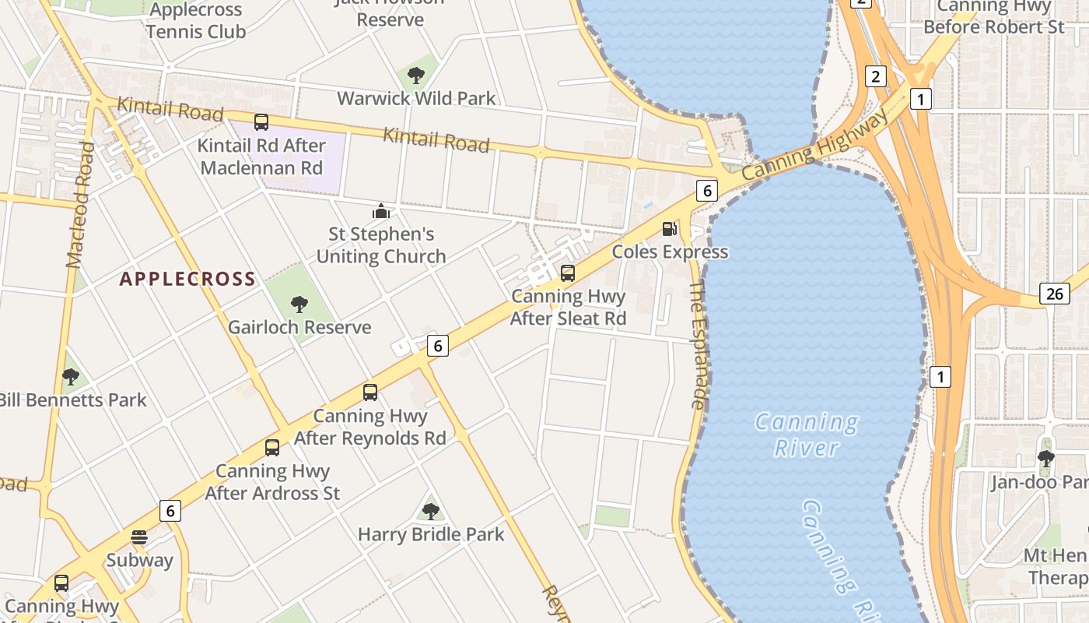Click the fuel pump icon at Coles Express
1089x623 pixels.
[x=669, y=229]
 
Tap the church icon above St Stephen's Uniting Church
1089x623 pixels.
[x=380, y=211]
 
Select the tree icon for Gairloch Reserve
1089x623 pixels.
[x=299, y=304]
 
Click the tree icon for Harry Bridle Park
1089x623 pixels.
[x=430, y=512]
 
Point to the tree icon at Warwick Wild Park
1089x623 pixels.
[x=416, y=76]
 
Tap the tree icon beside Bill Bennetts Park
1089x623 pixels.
[x=71, y=377]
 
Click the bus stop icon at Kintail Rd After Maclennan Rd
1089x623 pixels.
[x=261, y=122]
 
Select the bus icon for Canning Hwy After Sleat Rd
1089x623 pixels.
[x=568, y=273]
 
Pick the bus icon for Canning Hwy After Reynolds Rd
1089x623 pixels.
[x=370, y=392]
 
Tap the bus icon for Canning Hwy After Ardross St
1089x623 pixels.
[x=272, y=448]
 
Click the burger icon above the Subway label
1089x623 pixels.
[x=139, y=537]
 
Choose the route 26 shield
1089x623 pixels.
[x=1055, y=294]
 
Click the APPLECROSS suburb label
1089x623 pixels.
[x=187, y=279]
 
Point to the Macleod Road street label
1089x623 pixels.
[x=80, y=205]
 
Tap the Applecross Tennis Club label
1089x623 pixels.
[x=196, y=21]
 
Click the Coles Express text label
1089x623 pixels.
[x=670, y=252]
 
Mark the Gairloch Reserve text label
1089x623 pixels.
[x=299, y=327]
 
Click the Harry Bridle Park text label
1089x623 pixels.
[x=431, y=534]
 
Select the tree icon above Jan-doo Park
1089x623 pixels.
[x=1046, y=458]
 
